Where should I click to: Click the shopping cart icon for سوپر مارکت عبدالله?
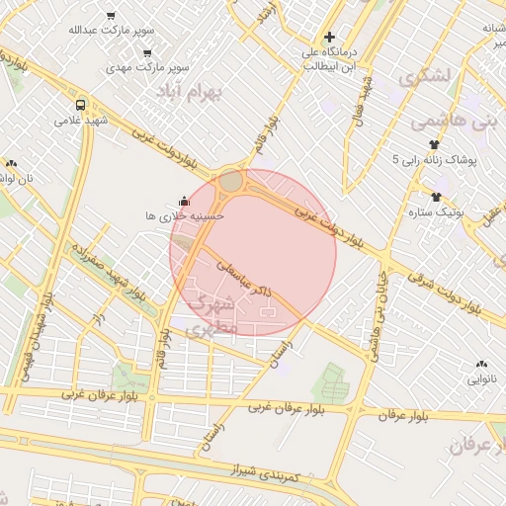(110, 16)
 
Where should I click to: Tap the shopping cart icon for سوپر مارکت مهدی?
(147, 53)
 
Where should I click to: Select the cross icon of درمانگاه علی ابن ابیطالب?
(329, 37)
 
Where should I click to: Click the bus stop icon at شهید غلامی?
(80, 104)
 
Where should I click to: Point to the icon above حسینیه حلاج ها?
(183, 200)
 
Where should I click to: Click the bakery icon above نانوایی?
(481, 364)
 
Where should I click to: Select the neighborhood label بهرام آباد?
(191, 90)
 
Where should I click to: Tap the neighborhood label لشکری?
(423, 76)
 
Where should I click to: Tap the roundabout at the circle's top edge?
(231, 181)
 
